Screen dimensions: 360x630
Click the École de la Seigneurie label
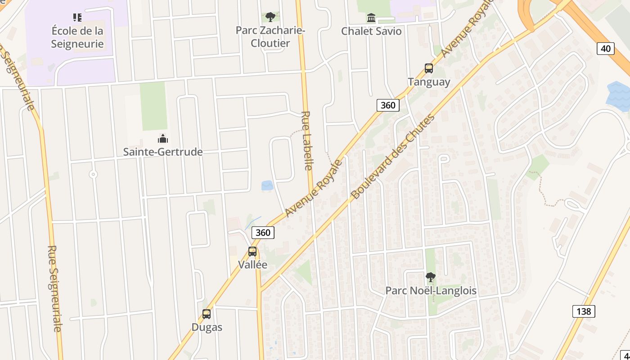77,37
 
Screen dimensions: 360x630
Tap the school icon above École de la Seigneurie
77,18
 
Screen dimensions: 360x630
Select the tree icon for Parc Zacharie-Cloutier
270,17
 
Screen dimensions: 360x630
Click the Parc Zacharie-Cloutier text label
270,36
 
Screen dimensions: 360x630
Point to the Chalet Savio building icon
371,18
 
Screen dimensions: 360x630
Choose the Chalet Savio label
371,31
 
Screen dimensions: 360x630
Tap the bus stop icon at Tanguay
429,68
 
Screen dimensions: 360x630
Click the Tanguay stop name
429,82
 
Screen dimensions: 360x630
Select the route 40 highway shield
606,48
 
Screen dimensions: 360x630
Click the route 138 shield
584,311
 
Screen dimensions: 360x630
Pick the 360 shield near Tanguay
387,105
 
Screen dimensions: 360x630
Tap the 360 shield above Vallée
263,232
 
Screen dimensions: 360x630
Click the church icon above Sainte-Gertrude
163,139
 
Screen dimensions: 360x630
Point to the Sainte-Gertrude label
163,152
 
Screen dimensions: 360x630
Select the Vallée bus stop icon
252,252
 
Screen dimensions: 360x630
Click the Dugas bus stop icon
207,314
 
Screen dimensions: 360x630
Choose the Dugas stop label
207,327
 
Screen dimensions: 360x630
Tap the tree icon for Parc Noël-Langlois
431,277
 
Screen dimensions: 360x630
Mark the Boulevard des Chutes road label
392,157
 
